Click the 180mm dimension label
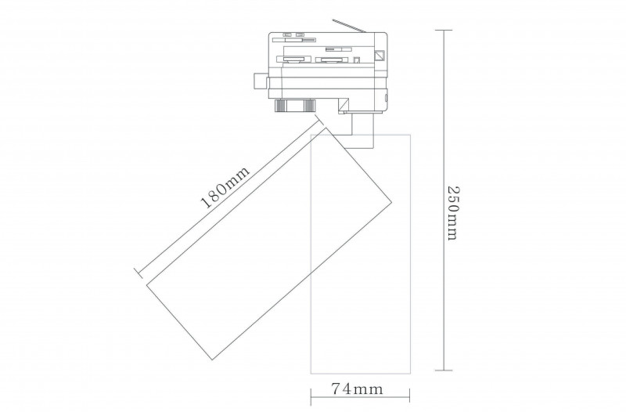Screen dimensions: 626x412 tap(226, 186)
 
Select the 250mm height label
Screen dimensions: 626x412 tap(452, 212)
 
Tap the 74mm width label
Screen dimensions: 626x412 tap(357, 389)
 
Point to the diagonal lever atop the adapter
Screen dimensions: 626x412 tap(349, 24)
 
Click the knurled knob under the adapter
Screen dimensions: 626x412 tap(294, 106)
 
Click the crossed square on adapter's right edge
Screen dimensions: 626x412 tap(379, 55)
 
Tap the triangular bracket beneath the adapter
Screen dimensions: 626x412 tap(344, 107)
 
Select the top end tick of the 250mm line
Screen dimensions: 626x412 tap(444, 31)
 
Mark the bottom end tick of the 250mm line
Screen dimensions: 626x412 tap(444, 370)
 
